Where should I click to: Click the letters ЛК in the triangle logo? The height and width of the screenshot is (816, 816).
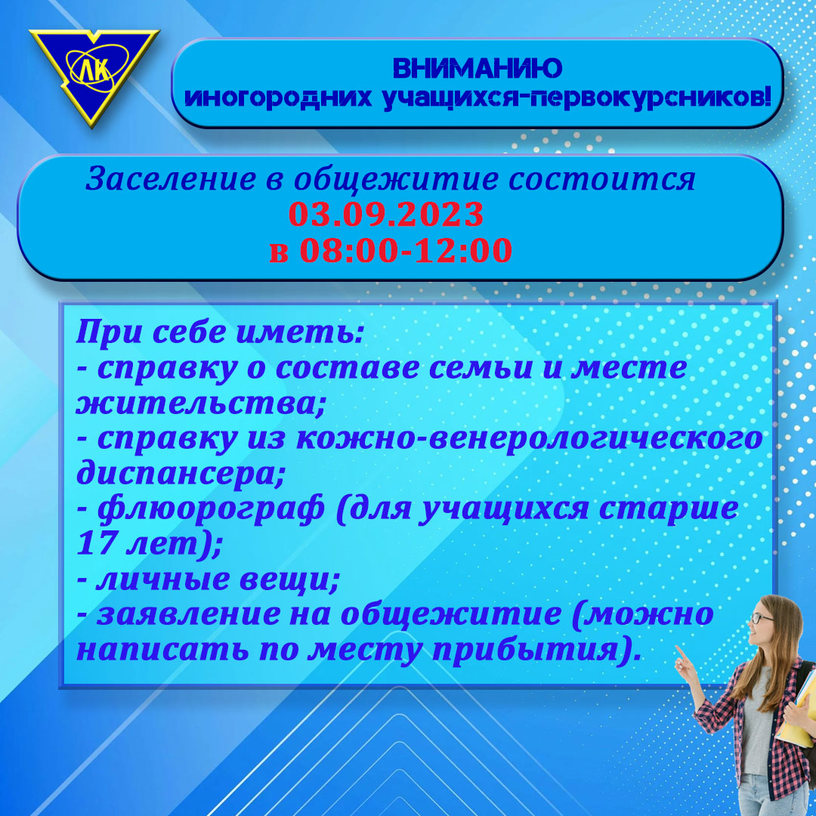(x=94, y=70)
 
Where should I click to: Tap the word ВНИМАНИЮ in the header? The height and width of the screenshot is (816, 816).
(x=478, y=68)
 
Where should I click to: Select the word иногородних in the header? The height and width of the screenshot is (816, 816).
(x=278, y=97)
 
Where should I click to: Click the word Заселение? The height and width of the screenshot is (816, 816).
(x=171, y=179)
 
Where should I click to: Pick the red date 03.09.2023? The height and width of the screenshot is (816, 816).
(x=386, y=214)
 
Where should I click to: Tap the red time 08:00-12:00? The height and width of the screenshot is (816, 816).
(x=406, y=250)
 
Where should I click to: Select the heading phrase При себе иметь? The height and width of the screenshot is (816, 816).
(x=219, y=332)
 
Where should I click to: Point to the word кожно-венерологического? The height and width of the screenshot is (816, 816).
(x=529, y=439)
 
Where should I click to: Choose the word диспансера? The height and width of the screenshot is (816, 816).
(x=180, y=474)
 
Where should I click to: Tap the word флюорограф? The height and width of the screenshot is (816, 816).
(x=210, y=509)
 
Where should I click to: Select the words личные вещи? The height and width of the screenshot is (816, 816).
(x=218, y=580)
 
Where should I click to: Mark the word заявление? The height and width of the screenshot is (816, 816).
(x=188, y=614)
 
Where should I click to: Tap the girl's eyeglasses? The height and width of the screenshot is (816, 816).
(x=762, y=619)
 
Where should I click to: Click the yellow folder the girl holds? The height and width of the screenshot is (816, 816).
(x=797, y=709)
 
